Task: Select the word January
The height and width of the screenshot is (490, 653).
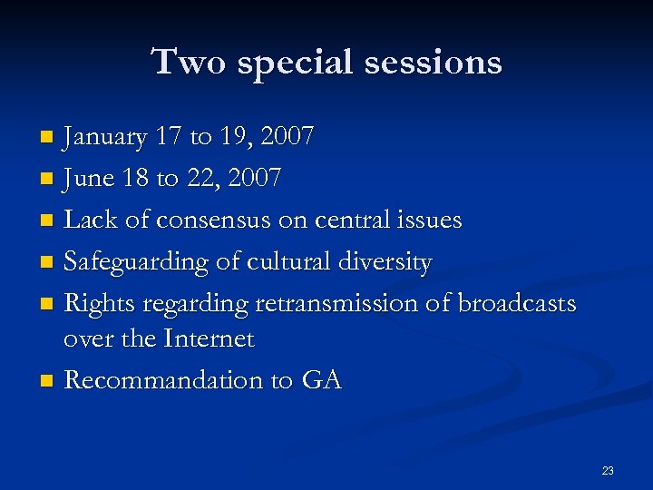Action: pos(105,138)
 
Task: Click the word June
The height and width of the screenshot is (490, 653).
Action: pos(91,179)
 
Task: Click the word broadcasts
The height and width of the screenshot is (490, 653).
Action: pos(517,303)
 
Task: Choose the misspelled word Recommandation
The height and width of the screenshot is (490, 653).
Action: pos(162,380)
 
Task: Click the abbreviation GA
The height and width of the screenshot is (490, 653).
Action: pos(321,380)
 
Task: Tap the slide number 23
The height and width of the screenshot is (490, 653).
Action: pos(608,470)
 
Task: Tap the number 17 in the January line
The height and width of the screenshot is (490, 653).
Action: pos(169,138)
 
